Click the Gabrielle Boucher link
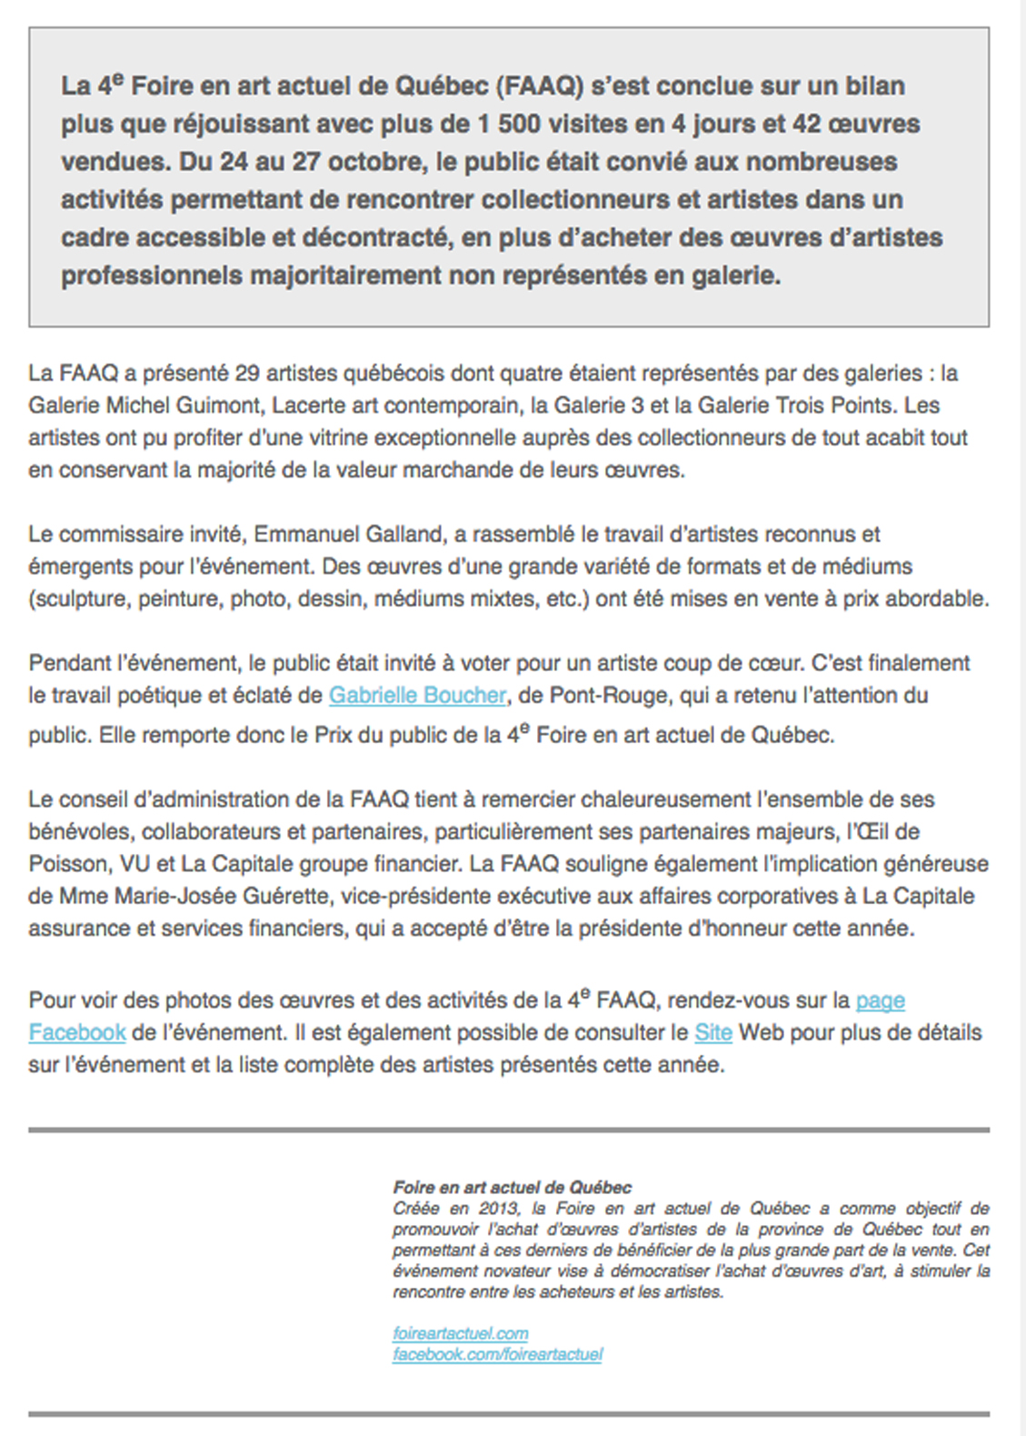[x=417, y=696]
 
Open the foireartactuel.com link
[x=460, y=1333]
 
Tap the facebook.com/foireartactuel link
[x=497, y=1354]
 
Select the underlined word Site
[x=712, y=1033]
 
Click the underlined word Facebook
[x=77, y=1033]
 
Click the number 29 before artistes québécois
[x=247, y=374]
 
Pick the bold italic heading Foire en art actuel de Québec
[x=512, y=1187]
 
